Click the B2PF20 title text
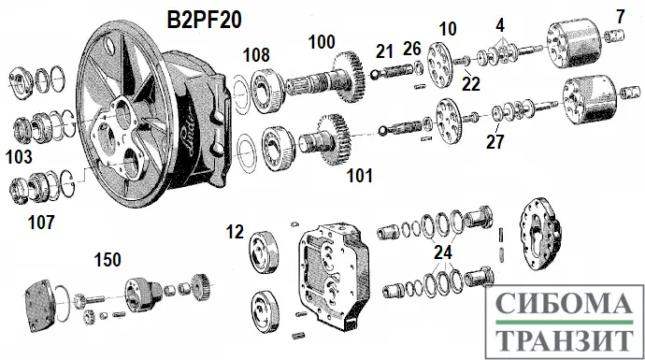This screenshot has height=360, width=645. tap(204, 20)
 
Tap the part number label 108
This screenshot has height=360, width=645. tap(256, 55)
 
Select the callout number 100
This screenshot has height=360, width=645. tap(322, 42)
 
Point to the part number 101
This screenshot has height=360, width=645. tap(360, 176)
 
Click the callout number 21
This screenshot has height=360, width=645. tap(384, 51)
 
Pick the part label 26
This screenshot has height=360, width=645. tap(411, 49)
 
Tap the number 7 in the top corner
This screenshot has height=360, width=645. tap(621, 17)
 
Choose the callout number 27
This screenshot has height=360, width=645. tap(494, 142)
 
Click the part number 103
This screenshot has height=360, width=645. tap(19, 157)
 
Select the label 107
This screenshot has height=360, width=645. tap(41, 223)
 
